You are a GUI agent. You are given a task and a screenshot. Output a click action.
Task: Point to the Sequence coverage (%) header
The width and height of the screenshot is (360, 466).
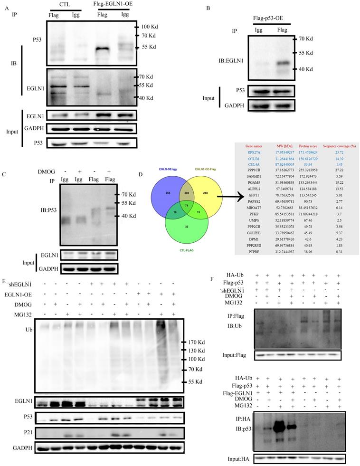[x=338, y=145]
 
